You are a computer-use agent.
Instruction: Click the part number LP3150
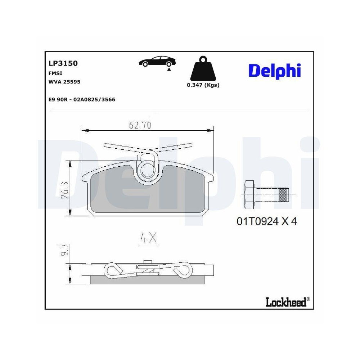click(x=63, y=63)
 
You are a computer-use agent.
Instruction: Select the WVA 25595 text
click(x=64, y=82)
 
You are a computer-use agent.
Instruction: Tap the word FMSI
click(x=54, y=73)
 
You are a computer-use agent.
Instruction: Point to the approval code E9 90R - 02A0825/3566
click(x=82, y=99)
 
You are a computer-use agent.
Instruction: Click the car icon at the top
click(x=158, y=62)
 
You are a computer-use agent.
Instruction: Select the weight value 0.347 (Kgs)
click(x=203, y=85)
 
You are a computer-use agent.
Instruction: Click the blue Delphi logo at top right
click(x=274, y=70)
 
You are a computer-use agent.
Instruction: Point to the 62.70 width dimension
click(x=140, y=125)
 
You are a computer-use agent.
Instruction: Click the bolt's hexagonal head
click(x=249, y=195)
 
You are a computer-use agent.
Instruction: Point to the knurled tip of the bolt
click(x=283, y=195)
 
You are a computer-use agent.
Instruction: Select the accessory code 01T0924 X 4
click(x=266, y=222)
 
